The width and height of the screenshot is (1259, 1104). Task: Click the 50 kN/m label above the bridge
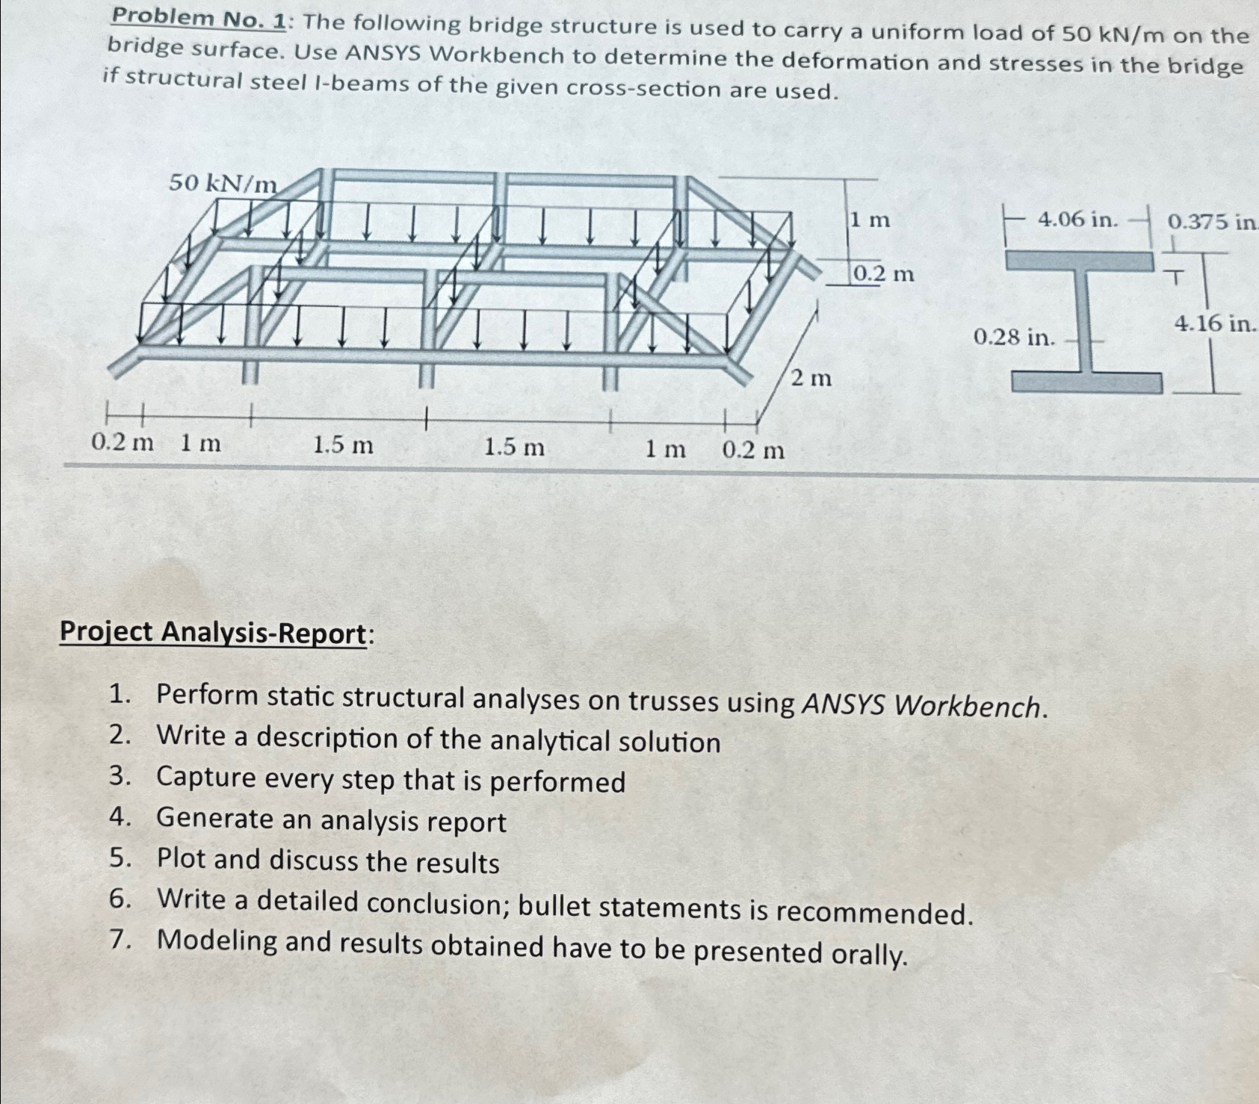[223, 182]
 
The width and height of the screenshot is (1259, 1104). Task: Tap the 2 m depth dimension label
[811, 379]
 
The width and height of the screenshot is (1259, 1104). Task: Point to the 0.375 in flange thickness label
[1210, 221]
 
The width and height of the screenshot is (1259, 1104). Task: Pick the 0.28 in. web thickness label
[1014, 338]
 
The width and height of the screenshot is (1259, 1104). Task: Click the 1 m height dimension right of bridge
[870, 220]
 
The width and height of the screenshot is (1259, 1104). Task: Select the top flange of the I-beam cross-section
[1079, 261]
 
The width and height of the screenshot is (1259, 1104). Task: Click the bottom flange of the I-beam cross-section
[1087, 382]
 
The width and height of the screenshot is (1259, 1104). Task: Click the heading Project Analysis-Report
[214, 633]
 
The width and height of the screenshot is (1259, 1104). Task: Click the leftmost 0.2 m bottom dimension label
[122, 443]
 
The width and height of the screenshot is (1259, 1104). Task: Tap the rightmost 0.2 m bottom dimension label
[753, 450]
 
